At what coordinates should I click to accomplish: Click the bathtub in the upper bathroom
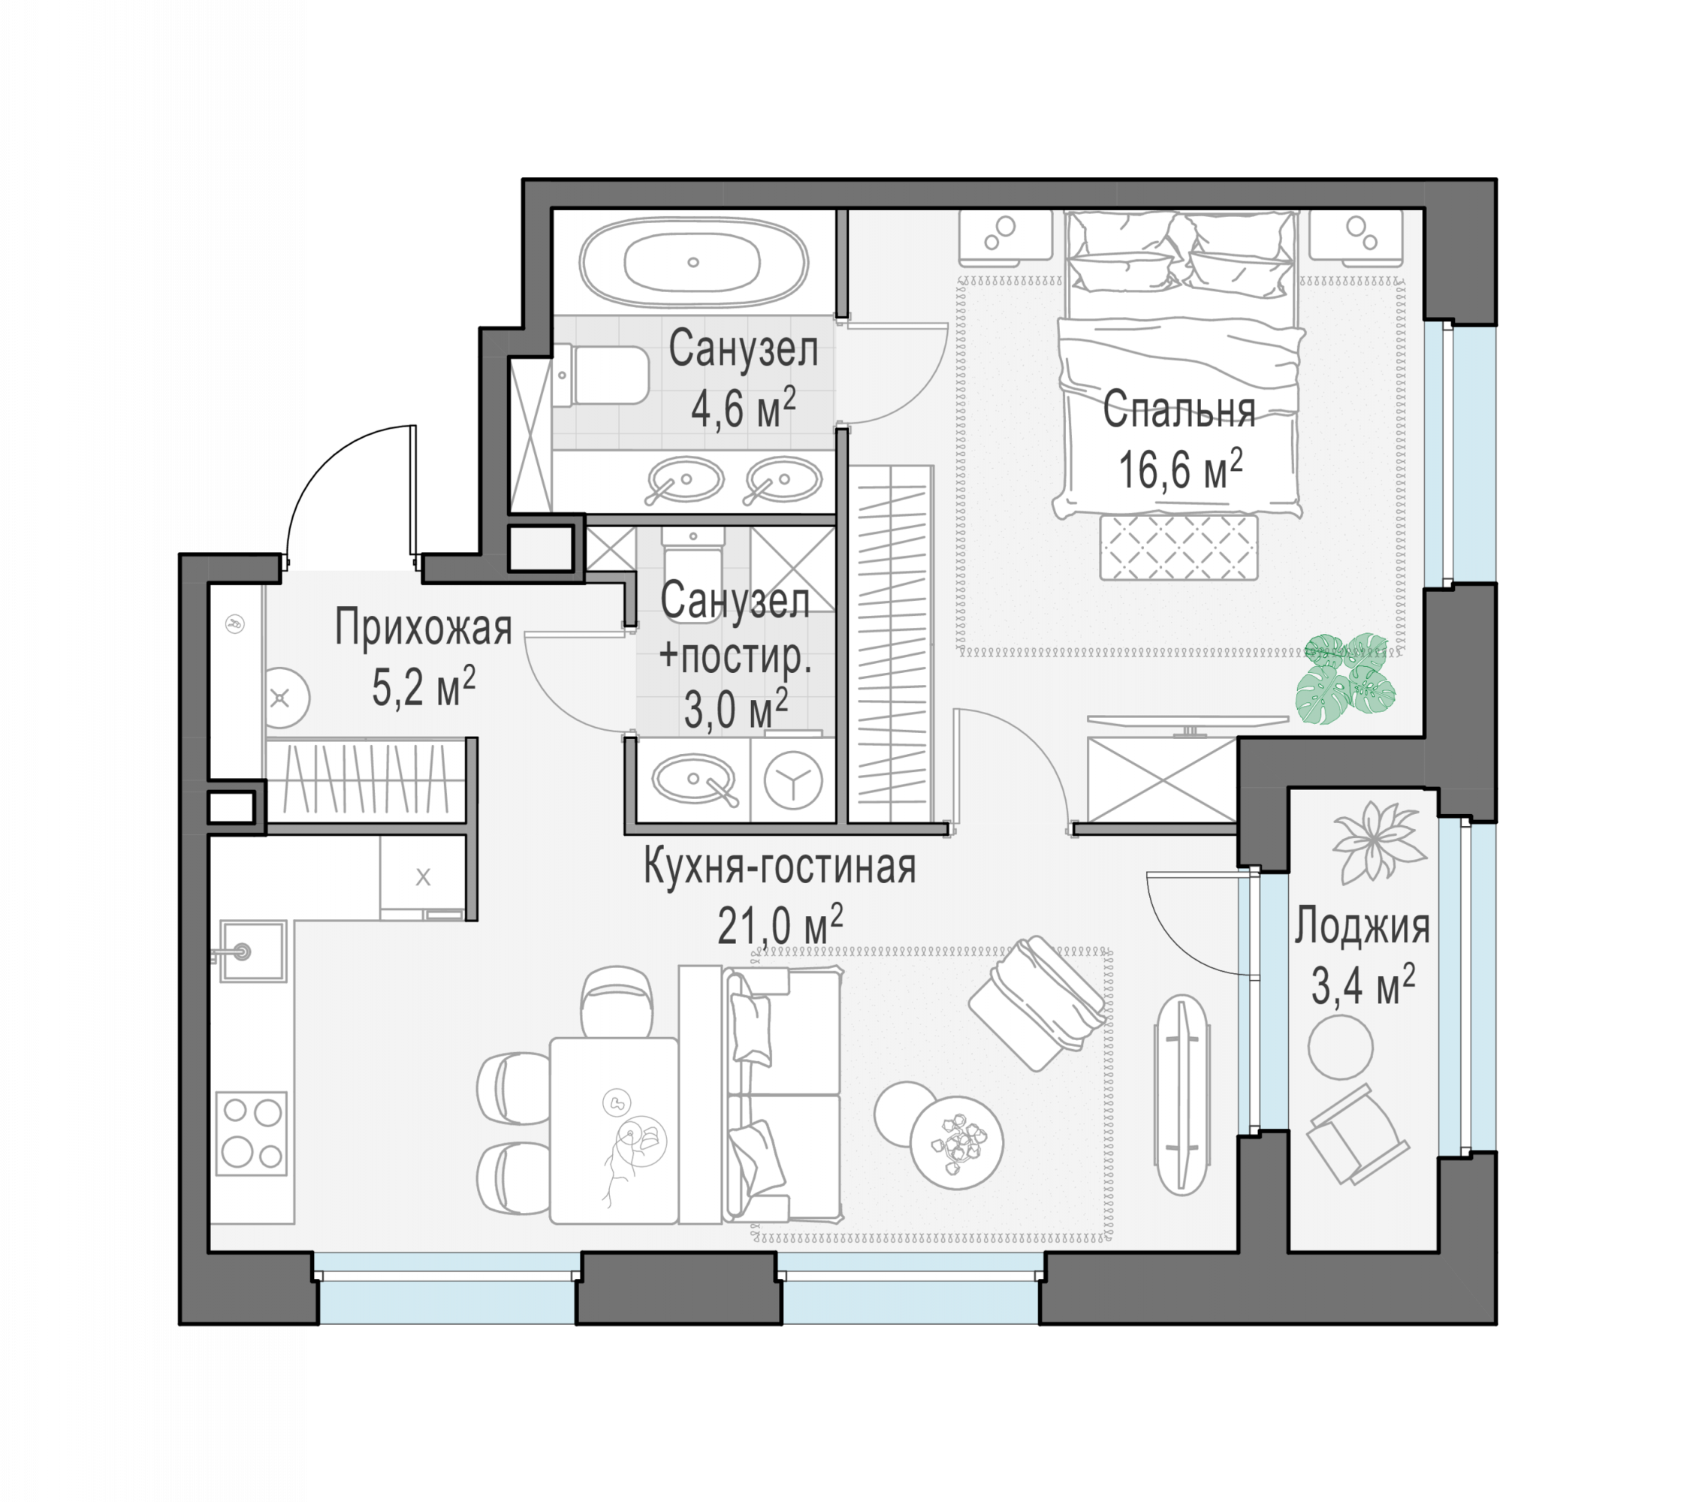point(693,262)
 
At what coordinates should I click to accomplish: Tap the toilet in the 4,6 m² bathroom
point(601,376)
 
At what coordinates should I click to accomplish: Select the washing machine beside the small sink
point(792,780)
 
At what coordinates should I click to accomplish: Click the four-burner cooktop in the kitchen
point(252,1134)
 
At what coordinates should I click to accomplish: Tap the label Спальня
point(1179,409)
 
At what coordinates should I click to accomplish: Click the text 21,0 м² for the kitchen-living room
point(780,924)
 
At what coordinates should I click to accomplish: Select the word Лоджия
point(1362,926)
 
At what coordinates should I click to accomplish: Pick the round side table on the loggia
point(1340,1046)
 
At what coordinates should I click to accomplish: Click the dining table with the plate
point(614,1130)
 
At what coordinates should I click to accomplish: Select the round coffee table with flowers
point(956,1143)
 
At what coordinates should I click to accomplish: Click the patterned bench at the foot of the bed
point(1179,547)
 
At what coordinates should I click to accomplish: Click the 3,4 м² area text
point(1363,984)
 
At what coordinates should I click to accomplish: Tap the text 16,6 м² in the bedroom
point(1180,469)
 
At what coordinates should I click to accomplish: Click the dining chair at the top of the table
point(617,1002)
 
